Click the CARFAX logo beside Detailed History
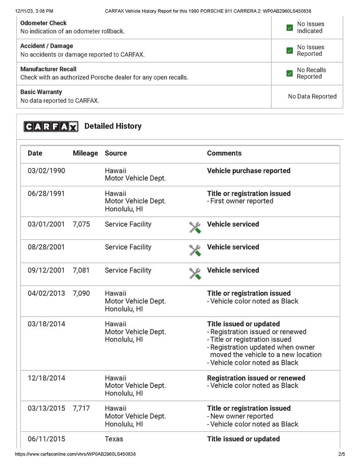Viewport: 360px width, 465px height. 51,126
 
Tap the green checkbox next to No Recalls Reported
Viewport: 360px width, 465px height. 289,74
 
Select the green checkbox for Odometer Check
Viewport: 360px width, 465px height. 289,28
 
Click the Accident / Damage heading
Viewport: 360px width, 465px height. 47,46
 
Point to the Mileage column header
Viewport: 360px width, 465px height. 85,153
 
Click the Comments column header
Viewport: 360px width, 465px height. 224,153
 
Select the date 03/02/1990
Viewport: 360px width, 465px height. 46,170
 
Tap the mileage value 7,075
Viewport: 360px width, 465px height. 81,224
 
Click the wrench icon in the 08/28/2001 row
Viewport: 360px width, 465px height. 195,251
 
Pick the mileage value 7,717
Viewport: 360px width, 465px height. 81,408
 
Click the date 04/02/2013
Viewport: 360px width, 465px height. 46,294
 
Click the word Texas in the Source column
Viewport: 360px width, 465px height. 114,439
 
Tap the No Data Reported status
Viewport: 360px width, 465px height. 312,96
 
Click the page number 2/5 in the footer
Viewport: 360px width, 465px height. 341,454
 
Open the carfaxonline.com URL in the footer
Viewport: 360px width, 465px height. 75,454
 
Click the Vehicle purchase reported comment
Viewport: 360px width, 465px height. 248,171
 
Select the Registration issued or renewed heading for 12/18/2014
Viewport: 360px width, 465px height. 256,378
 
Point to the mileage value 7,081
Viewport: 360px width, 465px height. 81,270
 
